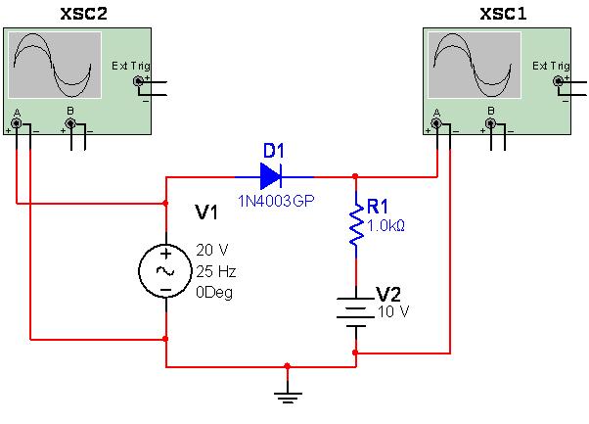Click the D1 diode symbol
[271, 177]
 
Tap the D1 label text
[274, 151]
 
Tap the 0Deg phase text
[215, 291]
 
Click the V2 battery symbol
[355, 310]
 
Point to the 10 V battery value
[393, 311]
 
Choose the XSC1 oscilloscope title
[503, 14]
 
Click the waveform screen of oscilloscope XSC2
[55, 65]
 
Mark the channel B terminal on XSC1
[490, 123]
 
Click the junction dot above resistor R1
[355, 177]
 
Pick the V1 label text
[207, 212]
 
